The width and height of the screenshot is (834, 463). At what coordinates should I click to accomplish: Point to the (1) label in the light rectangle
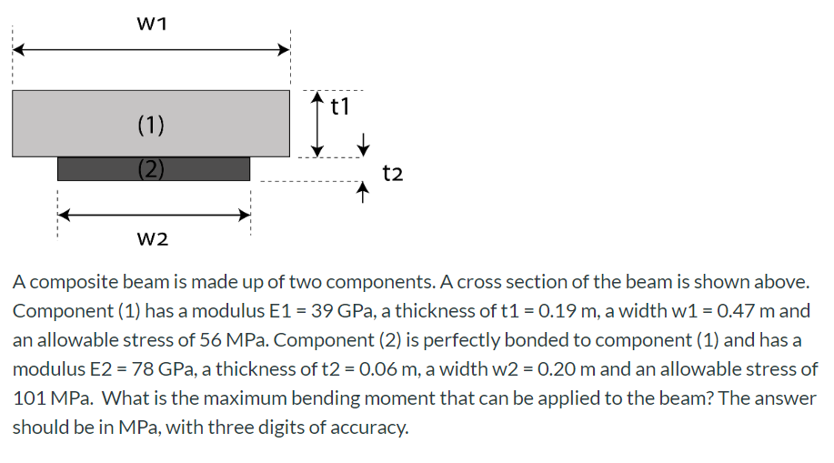pyautogui.click(x=151, y=125)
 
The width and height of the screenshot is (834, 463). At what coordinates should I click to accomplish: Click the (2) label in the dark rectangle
pyautogui.click(x=151, y=168)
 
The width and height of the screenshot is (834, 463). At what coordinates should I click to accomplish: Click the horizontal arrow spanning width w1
pyautogui.click(x=151, y=50)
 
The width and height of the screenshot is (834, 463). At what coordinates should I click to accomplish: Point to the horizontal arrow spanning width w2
pyautogui.click(x=154, y=215)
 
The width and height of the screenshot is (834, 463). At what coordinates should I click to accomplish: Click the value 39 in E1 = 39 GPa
pyautogui.click(x=323, y=310)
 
